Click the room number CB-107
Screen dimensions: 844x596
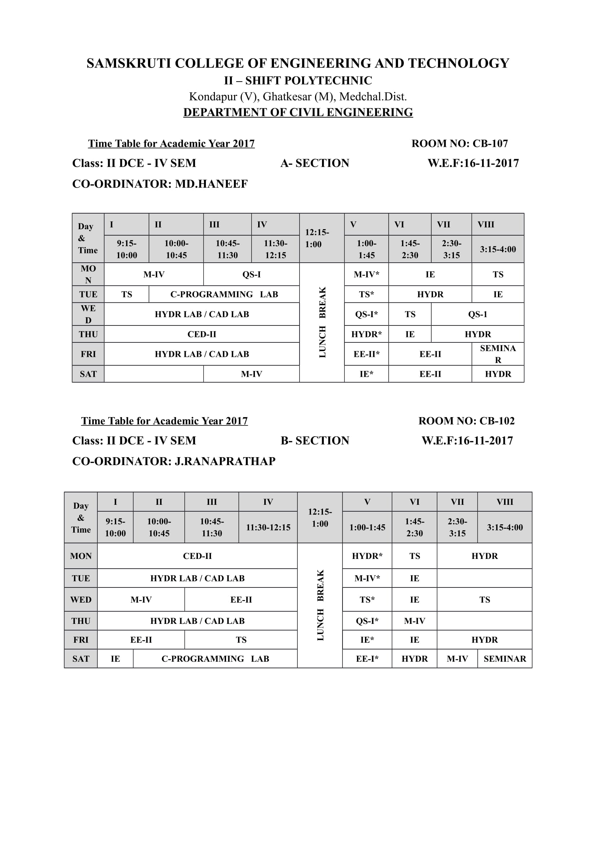tap(490, 143)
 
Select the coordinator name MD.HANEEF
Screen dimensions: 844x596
tap(211, 184)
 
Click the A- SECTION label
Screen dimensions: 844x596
tap(315, 163)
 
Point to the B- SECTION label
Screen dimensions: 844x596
tap(315, 440)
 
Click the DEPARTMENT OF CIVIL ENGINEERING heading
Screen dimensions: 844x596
tap(298, 112)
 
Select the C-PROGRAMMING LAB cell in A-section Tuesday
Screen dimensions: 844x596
tap(224, 294)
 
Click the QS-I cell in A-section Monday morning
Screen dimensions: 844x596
tap(251, 275)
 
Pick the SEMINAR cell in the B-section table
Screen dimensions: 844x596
tap(504, 659)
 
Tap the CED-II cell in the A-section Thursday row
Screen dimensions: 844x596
tap(202, 334)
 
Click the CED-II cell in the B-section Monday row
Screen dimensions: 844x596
tap(197, 556)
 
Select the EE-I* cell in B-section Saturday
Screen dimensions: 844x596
tap(367, 659)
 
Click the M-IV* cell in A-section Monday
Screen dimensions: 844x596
tap(366, 275)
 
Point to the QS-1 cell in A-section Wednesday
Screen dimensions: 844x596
tap(477, 314)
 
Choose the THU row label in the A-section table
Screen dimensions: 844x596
tap(88, 334)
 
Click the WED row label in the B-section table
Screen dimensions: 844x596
tap(81, 600)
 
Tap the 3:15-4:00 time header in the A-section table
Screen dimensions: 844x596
tap(498, 249)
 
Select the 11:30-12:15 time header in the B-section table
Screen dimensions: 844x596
tap(268, 528)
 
